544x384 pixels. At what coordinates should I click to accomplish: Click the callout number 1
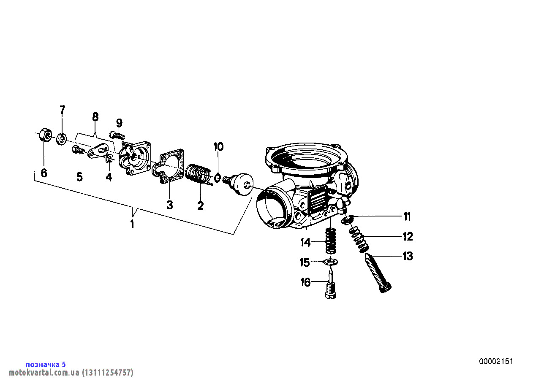tap(132, 224)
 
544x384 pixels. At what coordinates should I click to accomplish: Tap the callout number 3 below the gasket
tap(169, 205)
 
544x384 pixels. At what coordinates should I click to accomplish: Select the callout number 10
tap(218, 147)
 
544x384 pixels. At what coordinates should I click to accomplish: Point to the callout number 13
tap(408, 256)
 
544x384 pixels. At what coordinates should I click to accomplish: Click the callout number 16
tap(305, 282)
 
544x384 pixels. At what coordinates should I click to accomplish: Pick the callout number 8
tap(95, 117)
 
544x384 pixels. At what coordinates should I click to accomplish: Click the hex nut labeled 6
tap(45, 135)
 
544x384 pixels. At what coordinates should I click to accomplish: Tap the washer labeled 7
tap(61, 139)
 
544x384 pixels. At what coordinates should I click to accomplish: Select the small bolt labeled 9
tap(117, 135)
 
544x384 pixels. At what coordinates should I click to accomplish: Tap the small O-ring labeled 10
tap(218, 178)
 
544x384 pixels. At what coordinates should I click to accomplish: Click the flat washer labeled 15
tap(331, 262)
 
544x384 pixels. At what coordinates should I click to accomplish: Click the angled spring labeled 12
tap(359, 239)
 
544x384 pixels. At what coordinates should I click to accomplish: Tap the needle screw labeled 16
tap(331, 286)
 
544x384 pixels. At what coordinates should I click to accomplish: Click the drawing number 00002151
tap(496, 362)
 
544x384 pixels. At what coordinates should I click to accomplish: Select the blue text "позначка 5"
tap(46, 365)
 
